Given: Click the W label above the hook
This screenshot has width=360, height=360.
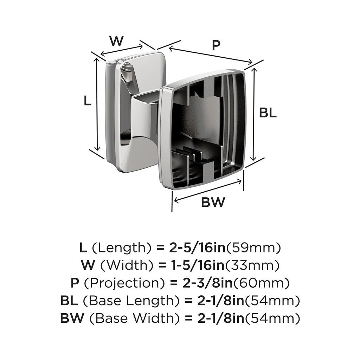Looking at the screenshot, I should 116,41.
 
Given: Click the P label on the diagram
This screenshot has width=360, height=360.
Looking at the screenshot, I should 216,45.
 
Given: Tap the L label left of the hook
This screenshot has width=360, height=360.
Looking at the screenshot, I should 88,101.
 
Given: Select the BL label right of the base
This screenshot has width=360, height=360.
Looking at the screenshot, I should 268,113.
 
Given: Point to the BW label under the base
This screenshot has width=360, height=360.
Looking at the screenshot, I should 213,202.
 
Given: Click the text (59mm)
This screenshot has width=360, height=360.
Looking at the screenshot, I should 253,248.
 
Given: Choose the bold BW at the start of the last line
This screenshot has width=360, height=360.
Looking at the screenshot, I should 73,319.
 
